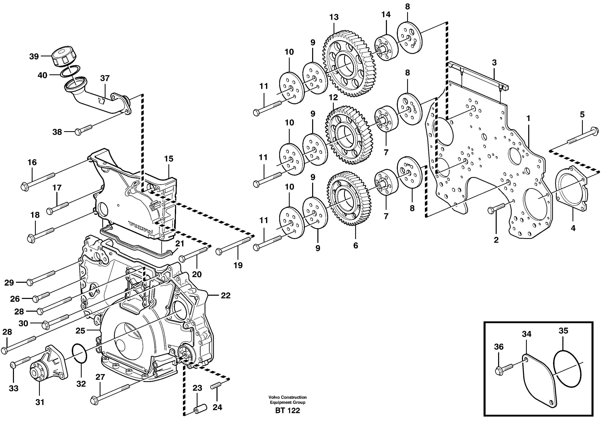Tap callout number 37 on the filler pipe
[x=105, y=78]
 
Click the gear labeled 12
[x=348, y=135]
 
